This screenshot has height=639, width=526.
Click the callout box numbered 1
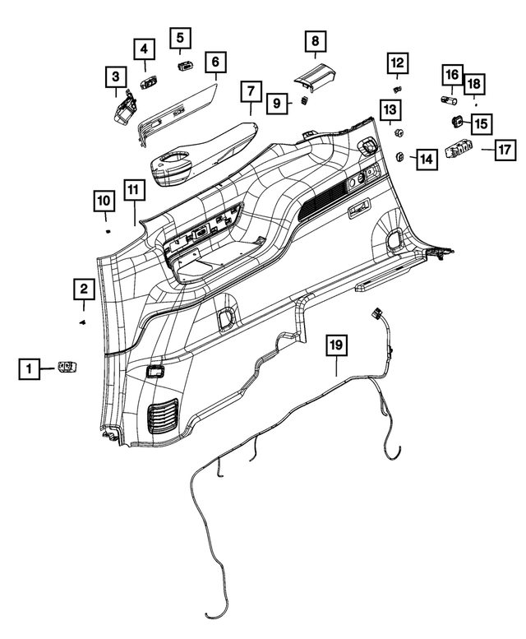tap(29, 370)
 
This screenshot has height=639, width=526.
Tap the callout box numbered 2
tap(83, 289)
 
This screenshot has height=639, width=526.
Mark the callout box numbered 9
tap(277, 103)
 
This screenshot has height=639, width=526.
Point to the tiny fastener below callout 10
tap(108, 233)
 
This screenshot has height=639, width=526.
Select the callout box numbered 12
tap(397, 63)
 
